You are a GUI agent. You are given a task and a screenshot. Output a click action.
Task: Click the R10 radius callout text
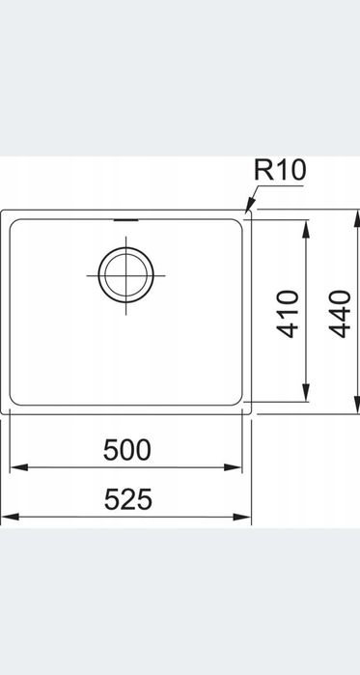[280, 170]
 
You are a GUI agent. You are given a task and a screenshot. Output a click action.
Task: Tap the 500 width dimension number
[127, 450]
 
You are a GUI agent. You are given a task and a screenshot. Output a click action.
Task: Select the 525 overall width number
[128, 499]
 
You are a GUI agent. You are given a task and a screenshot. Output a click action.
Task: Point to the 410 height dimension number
[288, 314]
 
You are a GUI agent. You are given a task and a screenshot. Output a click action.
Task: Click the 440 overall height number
[340, 314]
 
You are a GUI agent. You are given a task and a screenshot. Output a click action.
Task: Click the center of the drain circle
[126, 275]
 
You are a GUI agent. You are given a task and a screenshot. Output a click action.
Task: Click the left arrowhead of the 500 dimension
[18, 467]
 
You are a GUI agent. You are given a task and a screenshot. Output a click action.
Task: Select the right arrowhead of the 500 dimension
[234, 467]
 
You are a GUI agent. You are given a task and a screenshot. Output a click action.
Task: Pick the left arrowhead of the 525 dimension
[11, 517]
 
